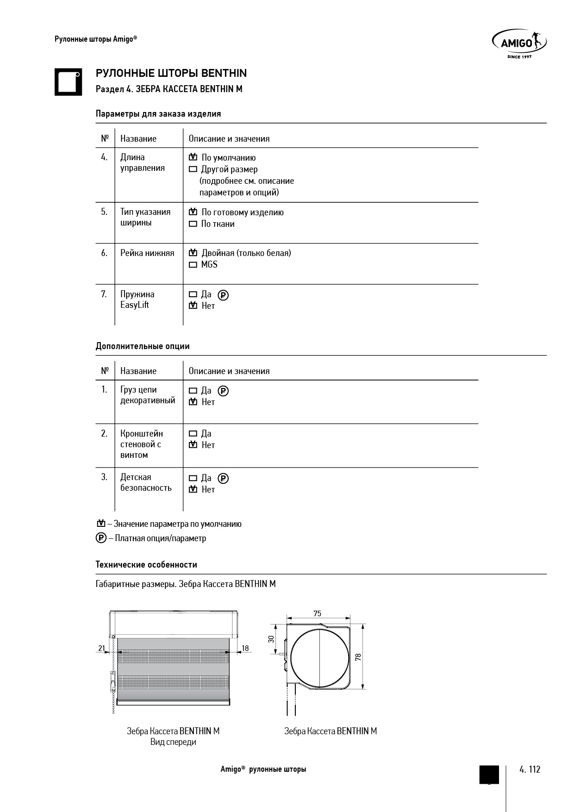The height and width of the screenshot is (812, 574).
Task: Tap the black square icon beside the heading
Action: pyautogui.click(x=68, y=82)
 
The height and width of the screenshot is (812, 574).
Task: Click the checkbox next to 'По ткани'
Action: pyautogui.click(x=193, y=224)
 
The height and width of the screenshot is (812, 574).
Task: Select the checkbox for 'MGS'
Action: pyautogui.click(x=193, y=265)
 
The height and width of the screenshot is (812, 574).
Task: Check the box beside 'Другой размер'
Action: pyautogui.click(x=193, y=169)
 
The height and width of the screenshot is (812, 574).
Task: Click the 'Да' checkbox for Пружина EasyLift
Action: pyautogui.click(x=193, y=294)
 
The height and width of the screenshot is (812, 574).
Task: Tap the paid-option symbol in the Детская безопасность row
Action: pyautogui.click(x=223, y=478)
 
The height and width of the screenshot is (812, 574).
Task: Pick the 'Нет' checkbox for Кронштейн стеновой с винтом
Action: pyautogui.click(x=193, y=445)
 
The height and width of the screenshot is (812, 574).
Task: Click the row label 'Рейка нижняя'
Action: pyautogui.click(x=147, y=253)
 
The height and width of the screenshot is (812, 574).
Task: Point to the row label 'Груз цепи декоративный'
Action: pyautogui.click(x=148, y=395)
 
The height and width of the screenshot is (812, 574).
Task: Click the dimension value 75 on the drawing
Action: pyautogui.click(x=317, y=614)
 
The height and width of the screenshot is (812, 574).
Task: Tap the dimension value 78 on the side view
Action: pyautogui.click(x=359, y=657)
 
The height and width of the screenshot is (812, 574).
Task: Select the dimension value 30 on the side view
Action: pyautogui.click(x=272, y=639)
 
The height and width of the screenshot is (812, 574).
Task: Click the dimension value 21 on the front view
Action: pyautogui.click(x=101, y=648)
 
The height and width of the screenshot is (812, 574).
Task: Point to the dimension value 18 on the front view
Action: pyautogui.click(x=245, y=648)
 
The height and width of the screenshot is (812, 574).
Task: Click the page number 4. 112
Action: pyautogui.click(x=530, y=769)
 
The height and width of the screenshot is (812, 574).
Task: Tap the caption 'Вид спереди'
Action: pyautogui.click(x=173, y=742)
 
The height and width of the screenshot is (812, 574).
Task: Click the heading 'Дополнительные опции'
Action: pyautogui.click(x=143, y=346)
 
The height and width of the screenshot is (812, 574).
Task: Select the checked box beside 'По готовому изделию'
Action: pyautogui.click(x=193, y=212)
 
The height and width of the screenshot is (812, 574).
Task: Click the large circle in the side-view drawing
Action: pyautogui.click(x=319, y=657)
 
